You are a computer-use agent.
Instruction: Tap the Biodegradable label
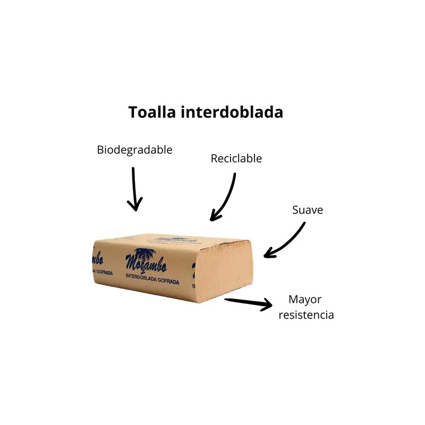click(134, 150)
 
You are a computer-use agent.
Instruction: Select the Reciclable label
click(236, 158)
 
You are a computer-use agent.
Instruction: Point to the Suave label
click(308, 210)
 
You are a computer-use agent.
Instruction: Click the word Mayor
click(305, 299)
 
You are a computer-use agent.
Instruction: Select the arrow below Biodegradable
click(134, 189)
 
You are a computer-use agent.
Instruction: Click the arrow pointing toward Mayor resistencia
click(248, 303)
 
